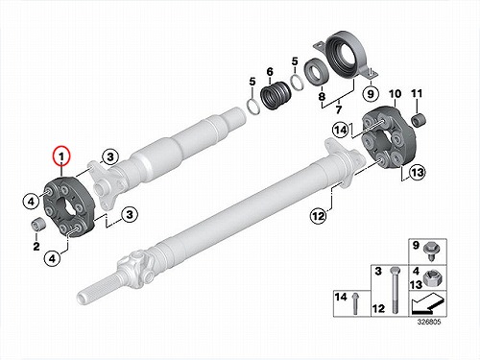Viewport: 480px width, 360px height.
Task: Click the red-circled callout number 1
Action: click(x=61, y=156)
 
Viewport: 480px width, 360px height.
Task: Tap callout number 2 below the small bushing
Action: click(x=36, y=247)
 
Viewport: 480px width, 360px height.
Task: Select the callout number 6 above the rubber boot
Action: click(x=270, y=72)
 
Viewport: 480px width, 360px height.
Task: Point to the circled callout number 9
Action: click(x=371, y=94)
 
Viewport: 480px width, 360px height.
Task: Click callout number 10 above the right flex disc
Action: click(x=395, y=94)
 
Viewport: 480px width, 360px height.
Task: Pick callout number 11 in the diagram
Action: click(x=417, y=93)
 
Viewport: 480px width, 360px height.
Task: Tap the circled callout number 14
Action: click(x=340, y=131)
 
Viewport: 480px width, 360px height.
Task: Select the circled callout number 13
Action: click(x=418, y=173)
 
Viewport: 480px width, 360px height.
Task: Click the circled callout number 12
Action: click(x=319, y=216)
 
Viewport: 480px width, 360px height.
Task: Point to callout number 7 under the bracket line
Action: click(x=339, y=109)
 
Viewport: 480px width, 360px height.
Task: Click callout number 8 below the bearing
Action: click(x=322, y=96)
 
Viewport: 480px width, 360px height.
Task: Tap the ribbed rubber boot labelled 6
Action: click(x=276, y=95)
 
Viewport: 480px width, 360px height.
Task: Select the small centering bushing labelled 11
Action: click(x=418, y=120)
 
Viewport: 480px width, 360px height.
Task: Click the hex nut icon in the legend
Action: click(x=431, y=278)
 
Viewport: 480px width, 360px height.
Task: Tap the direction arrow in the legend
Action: click(x=427, y=303)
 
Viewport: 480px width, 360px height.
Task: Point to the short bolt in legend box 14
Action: click(x=354, y=303)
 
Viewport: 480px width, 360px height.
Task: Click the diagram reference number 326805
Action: click(x=429, y=322)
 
